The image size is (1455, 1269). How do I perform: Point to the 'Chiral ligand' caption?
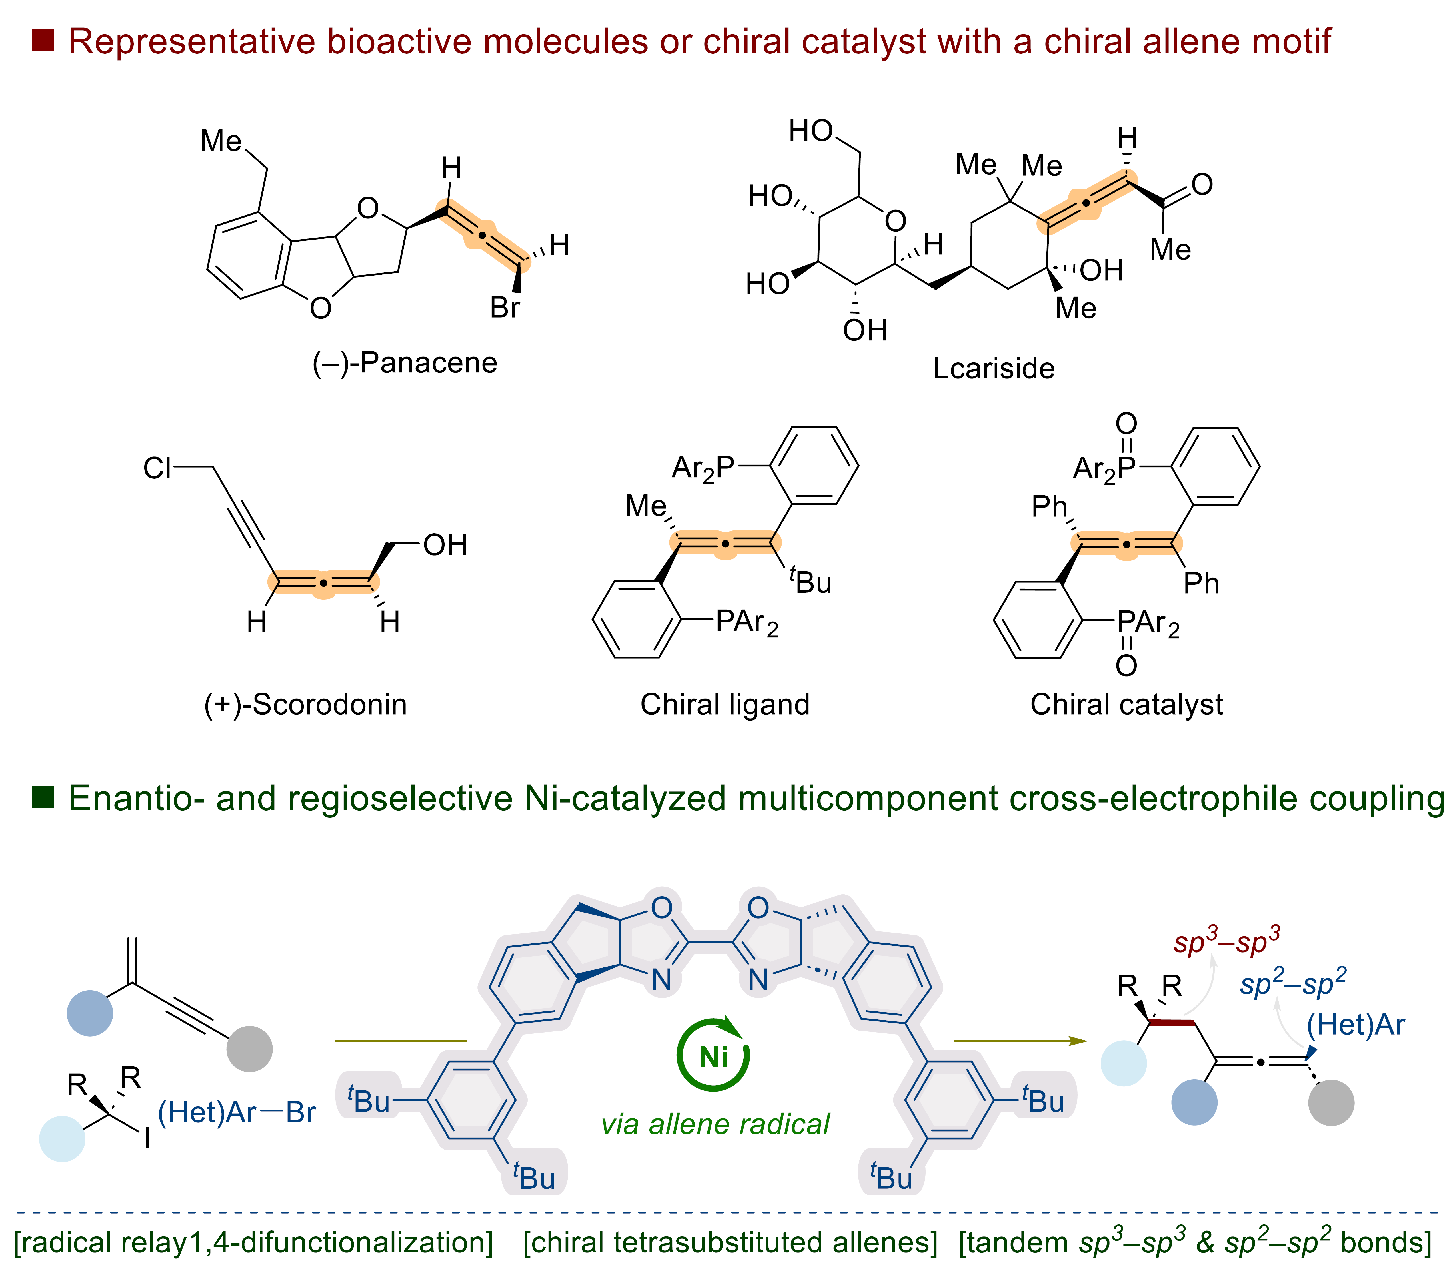(725, 705)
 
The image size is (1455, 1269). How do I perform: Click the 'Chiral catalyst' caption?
(1126, 705)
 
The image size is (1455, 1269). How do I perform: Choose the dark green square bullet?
(43, 797)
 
